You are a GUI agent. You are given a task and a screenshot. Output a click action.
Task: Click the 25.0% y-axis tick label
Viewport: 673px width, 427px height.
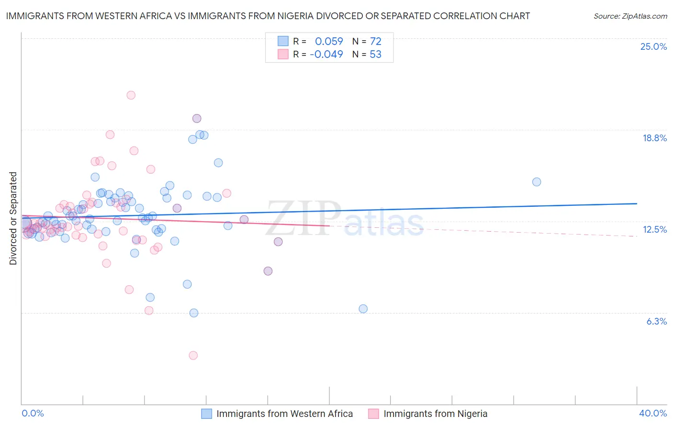[x=653, y=46]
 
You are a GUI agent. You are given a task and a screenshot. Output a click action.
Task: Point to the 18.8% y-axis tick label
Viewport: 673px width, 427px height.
[x=654, y=138]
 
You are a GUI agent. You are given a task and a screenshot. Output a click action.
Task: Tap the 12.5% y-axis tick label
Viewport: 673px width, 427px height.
[x=654, y=229]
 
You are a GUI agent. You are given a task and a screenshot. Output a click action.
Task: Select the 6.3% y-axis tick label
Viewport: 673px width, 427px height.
[x=656, y=321]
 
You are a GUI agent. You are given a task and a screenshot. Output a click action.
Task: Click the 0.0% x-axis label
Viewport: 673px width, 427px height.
[x=33, y=413]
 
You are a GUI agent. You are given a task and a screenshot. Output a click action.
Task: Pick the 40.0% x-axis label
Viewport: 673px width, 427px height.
[x=652, y=413]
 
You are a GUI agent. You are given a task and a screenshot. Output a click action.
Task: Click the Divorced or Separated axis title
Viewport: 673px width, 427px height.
[x=13, y=218]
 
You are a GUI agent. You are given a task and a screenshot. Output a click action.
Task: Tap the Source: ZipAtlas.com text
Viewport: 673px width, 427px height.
[x=630, y=16]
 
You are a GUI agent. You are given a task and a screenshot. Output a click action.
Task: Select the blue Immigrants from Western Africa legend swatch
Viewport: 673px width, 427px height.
[x=206, y=414]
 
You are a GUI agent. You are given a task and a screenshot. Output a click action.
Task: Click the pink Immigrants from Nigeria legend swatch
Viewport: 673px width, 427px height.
[x=373, y=414]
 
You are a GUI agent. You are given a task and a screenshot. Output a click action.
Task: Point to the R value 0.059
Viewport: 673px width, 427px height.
[x=329, y=41]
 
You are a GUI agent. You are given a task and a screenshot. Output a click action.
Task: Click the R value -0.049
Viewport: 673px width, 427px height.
[x=326, y=54]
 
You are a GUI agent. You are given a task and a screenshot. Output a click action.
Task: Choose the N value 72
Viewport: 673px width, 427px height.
[x=375, y=41]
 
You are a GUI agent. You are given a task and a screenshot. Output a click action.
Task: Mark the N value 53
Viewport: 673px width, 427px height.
[x=375, y=54]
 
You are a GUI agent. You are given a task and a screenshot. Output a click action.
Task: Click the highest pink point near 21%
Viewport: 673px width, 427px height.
[x=131, y=95]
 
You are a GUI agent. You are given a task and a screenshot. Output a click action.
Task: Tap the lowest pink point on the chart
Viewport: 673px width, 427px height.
[x=193, y=355]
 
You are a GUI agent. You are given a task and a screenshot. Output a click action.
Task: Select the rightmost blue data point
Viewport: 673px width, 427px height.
[x=537, y=182]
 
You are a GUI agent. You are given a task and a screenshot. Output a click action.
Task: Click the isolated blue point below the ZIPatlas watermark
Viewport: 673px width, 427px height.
[x=363, y=309]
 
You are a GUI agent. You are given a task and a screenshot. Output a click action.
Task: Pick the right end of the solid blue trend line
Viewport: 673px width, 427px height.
[x=637, y=203]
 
